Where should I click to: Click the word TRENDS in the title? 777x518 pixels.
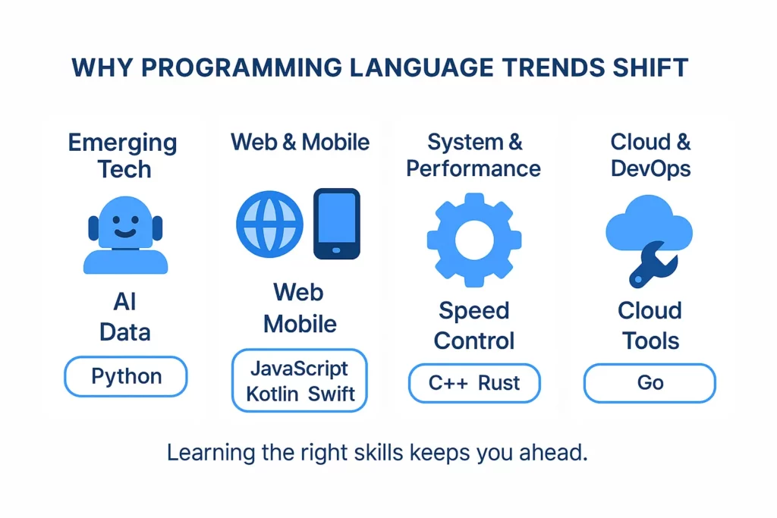pos(553,67)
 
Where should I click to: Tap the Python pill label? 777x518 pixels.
pos(127,377)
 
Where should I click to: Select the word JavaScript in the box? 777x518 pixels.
pos(299,369)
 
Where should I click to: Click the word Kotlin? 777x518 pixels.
pos(272,394)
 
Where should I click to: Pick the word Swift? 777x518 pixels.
pos(331,394)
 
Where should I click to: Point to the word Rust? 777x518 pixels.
pos(499,383)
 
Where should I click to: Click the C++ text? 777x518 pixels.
pos(448,383)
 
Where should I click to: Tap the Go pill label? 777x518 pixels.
pos(650,383)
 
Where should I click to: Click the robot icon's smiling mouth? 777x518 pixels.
pos(125,233)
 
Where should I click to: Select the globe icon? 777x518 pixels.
pos(269,224)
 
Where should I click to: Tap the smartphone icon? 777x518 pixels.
pos(337,224)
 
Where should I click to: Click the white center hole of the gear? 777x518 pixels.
pos(474,240)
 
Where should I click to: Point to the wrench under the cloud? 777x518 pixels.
pos(652,265)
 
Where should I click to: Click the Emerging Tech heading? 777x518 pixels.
pos(123,156)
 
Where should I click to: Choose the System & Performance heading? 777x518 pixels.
pos(473,155)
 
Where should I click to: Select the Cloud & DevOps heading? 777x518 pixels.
pos(650,155)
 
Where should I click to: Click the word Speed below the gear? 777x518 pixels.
pos(474,311)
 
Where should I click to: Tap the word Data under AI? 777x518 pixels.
pos(125,331)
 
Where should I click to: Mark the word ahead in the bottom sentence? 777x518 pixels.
pos(553,453)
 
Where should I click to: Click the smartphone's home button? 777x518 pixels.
pos(336,250)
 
